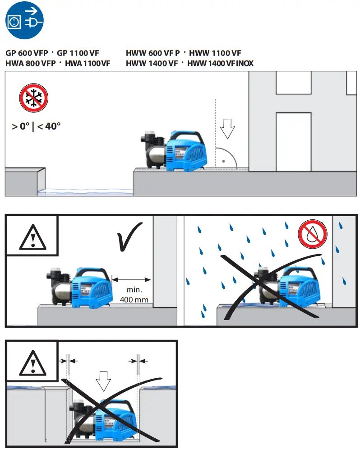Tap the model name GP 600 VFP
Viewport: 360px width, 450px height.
[x=27, y=53]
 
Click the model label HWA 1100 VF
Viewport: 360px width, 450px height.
[x=88, y=64]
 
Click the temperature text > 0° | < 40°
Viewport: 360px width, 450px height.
[x=36, y=126]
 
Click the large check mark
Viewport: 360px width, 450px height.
[x=130, y=236]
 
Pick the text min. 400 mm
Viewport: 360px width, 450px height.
[x=134, y=295]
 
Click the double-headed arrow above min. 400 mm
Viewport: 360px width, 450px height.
[x=131, y=279]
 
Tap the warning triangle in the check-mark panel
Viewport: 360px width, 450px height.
[x=32, y=235]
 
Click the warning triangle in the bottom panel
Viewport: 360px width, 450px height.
[x=32, y=360]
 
